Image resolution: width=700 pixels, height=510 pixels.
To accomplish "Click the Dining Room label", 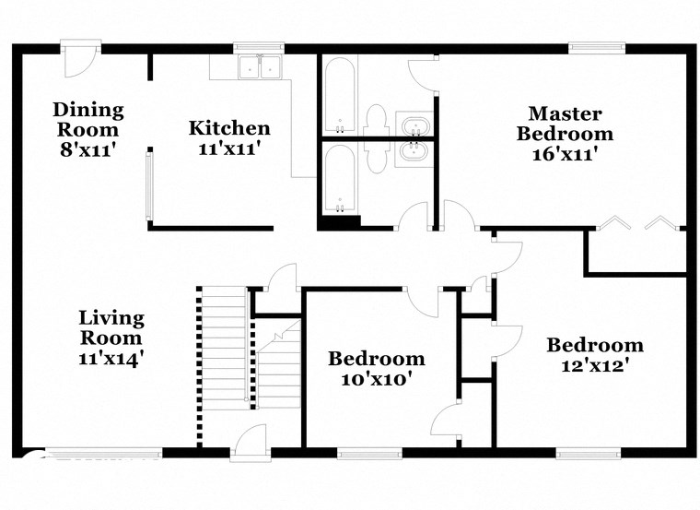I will point(87,119).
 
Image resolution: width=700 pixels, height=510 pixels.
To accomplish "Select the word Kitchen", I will point(229,128).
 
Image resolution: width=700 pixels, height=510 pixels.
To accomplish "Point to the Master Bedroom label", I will point(565,124).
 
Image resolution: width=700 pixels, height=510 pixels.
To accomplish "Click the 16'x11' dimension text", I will point(565,154).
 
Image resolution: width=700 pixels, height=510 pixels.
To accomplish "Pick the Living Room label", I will point(111,328).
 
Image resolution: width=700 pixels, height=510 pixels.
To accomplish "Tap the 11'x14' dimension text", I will point(111,358).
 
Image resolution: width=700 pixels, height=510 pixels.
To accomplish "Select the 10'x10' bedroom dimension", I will point(377,379).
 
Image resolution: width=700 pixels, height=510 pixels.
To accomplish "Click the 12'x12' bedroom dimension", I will point(594,366).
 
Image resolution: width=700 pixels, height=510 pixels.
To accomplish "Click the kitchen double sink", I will point(259,68).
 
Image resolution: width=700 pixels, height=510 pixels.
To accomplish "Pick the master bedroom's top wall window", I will point(596,48).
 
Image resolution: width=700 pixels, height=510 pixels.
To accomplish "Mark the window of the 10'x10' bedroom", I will point(368,453).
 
